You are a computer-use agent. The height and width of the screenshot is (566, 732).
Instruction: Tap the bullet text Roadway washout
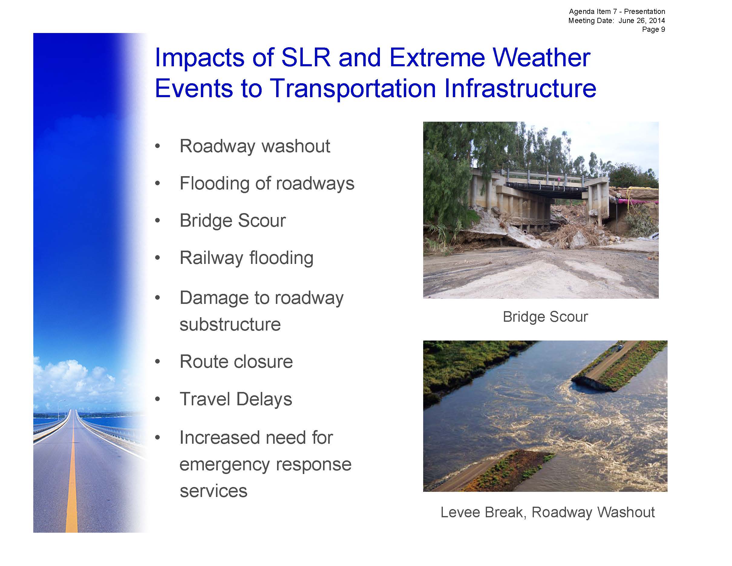click(x=255, y=146)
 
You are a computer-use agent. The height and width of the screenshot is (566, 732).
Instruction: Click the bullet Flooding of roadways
click(x=267, y=183)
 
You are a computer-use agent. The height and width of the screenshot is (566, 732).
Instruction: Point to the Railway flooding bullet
click(x=246, y=258)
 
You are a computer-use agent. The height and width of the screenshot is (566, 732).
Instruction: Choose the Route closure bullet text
click(x=236, y=361)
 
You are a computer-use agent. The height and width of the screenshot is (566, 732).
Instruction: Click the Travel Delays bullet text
click(x=236, y=399)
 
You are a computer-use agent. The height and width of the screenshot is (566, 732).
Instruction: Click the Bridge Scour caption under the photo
click(x=545, y=317)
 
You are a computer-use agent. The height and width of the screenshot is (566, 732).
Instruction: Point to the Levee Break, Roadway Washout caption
click(x=547, y=512)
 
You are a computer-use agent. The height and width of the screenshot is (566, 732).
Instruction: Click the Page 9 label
click(x=653, y=29)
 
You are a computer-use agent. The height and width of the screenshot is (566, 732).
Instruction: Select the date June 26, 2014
click(x=642, y=21)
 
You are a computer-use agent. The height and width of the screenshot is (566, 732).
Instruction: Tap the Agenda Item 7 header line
click(x=617, y=12)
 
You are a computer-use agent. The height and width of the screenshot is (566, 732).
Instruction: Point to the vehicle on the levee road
click(x=620, y=346)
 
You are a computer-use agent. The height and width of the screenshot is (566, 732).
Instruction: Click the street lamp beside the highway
click(x=60, y=409)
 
